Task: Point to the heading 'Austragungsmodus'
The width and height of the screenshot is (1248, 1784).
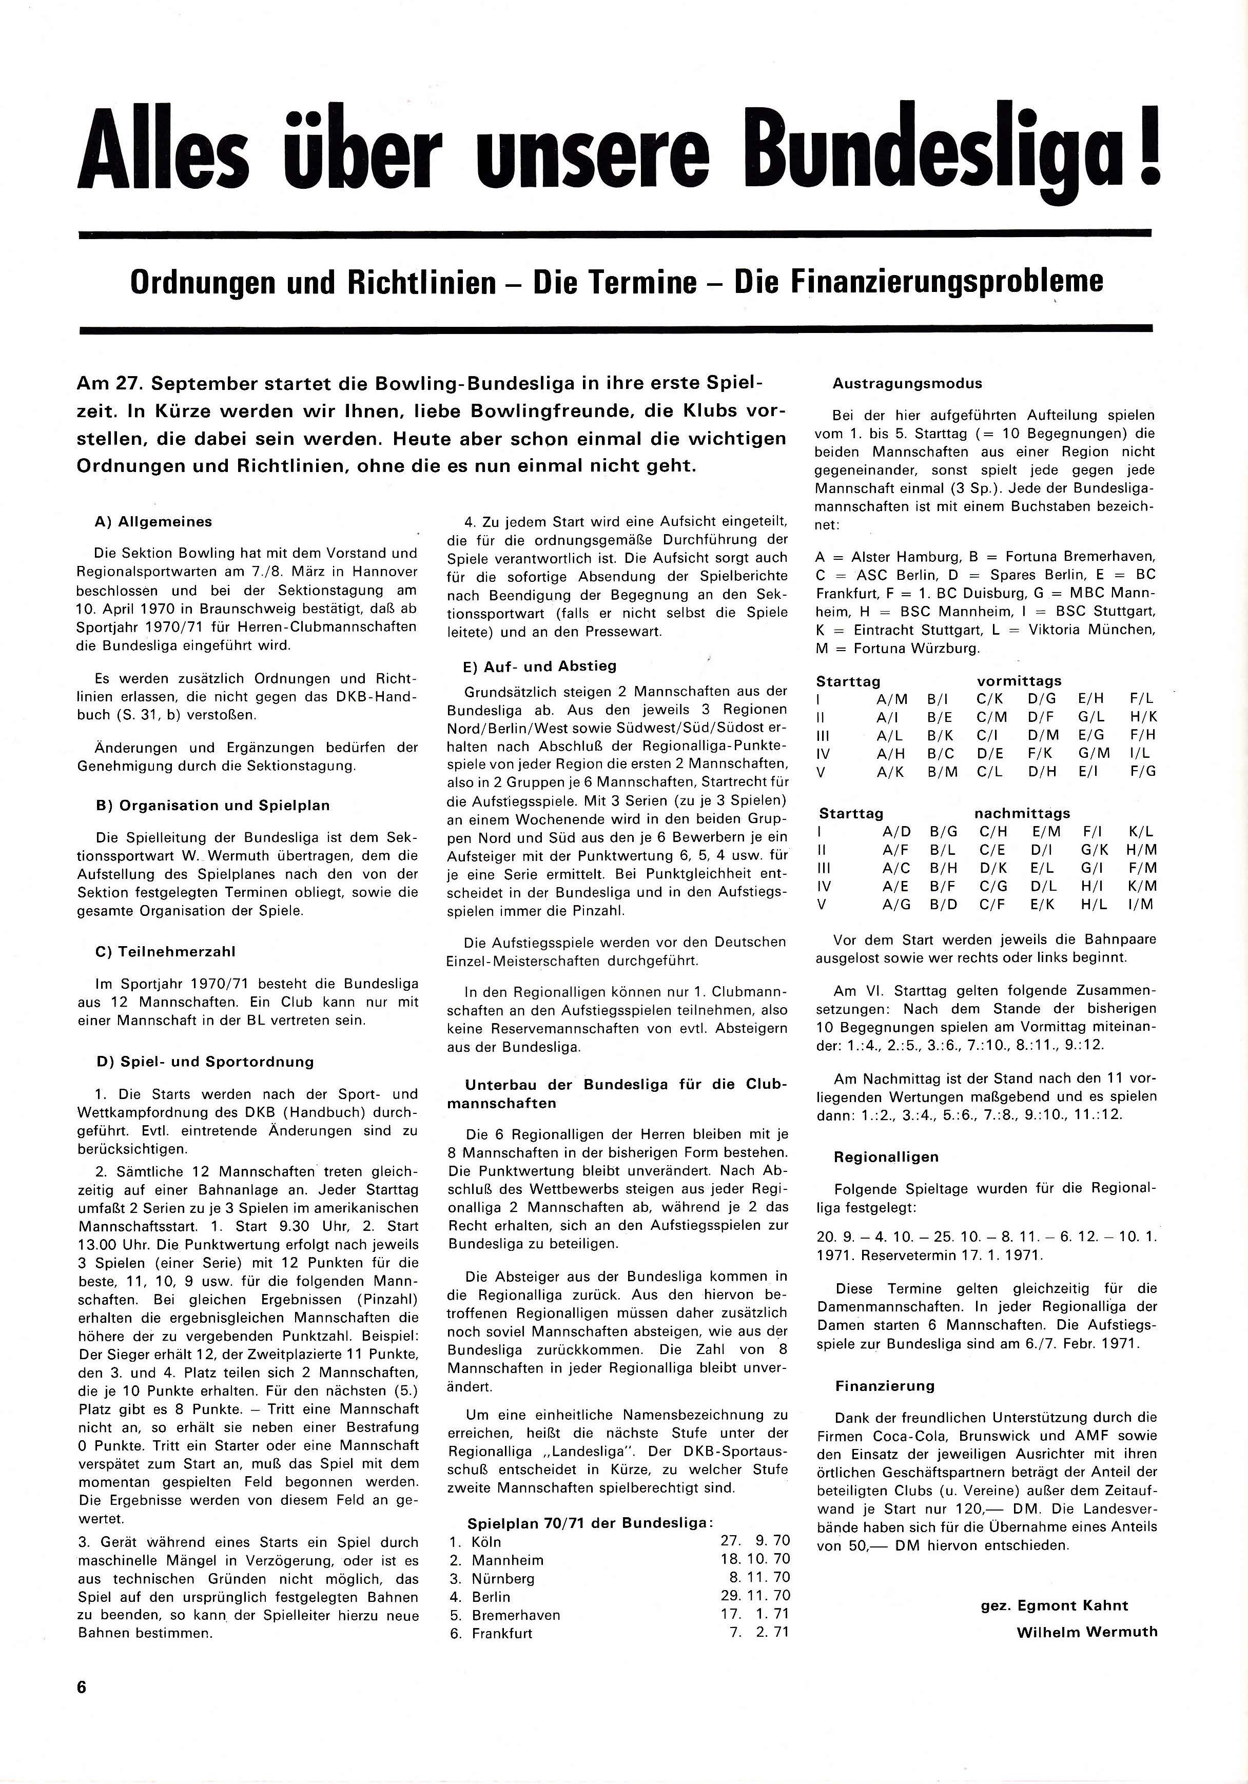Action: point(907,383)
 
